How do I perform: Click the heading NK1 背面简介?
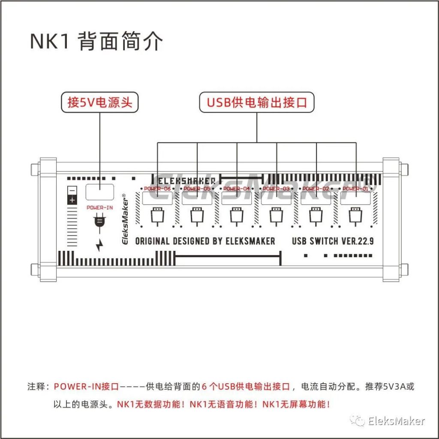[x=96, y=42]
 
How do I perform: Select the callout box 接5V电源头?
[x=100, y=102]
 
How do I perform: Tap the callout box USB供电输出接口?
[x=257, y=102]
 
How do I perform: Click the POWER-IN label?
[x=99, y=207]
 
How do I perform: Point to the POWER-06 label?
[x=157, y=189]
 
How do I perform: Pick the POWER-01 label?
[x=356, y=189]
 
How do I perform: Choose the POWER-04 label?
[x=237, y=189]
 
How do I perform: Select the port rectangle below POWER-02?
[x=316, y=198]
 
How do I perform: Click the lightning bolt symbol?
[x=99, y=245]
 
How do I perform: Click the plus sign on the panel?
[x=72, y=200]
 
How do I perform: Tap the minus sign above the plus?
[x=72, y=190]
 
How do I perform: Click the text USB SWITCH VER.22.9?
[x=333, y=241]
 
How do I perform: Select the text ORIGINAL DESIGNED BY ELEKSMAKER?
[x=205, y=241]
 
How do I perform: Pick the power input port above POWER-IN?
[x=99, y=192]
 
